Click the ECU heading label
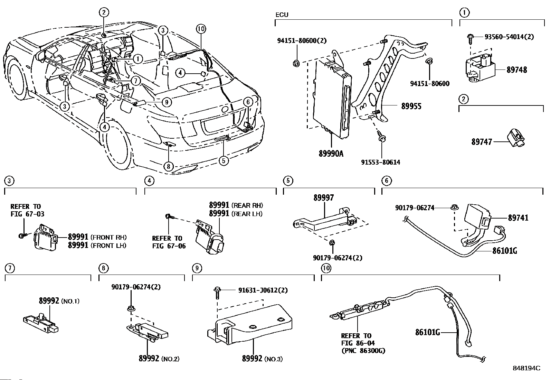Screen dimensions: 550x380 click(x=282, y=15)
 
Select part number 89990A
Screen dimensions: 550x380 click(x=331, y=154)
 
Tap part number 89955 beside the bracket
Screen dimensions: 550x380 click(x=411, y=106)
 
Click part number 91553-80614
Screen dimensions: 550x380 click(x=380, y=162)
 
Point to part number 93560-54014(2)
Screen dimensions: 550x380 click(x=509, y=37)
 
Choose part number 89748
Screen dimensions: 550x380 click(x=516, y=70)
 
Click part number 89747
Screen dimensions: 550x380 click(x=482, y=142)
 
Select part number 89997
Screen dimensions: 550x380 click(x=324, y=198)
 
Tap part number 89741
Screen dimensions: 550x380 click(x=518, y=218)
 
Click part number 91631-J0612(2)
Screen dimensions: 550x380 click(x=263, y=290)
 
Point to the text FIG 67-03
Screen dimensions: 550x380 click(x=27, y=214)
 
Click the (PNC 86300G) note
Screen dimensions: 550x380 click(x=363, y=351)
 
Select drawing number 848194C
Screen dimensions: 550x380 click(x=527, y=368)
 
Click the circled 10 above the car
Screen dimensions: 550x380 click(x=201, y=29)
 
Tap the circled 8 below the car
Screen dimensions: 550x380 click(x=169, y=166)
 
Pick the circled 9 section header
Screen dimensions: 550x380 click(x=197, y=268)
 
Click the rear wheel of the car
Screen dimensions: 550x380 click(x=115, y=145)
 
